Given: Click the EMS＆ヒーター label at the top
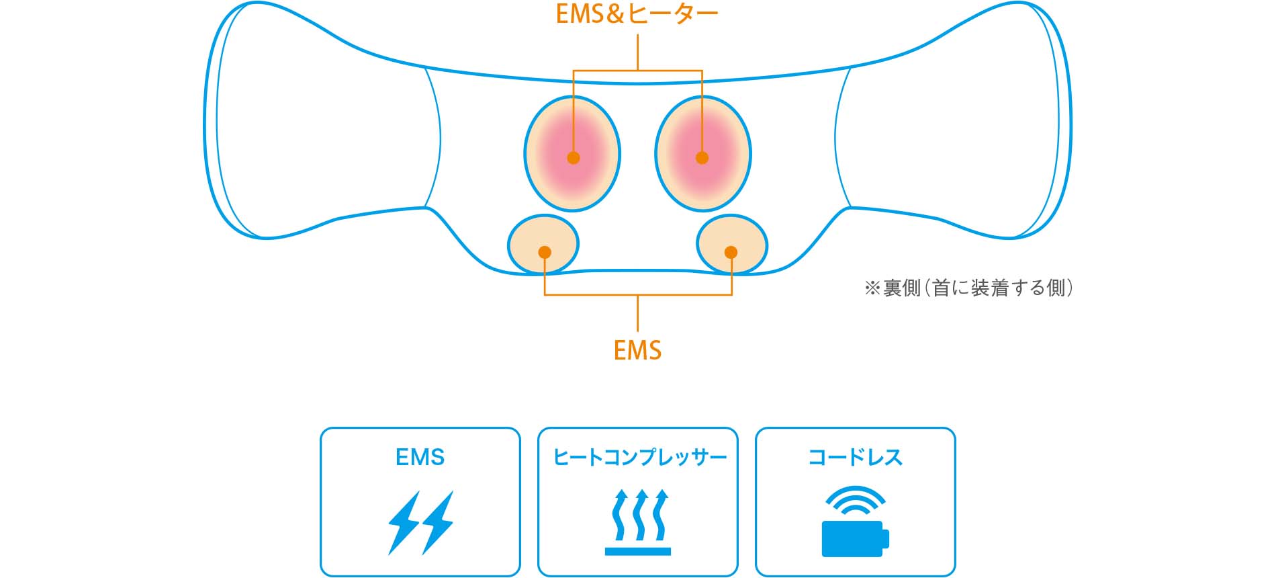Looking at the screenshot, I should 637,15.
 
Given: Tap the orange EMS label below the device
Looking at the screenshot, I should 637,350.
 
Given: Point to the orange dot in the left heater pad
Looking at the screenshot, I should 573,158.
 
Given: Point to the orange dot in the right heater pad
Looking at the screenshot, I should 702,158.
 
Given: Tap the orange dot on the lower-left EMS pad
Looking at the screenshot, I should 545,252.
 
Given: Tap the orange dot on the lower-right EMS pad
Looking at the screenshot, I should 731,252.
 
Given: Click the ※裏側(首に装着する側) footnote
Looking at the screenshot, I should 968,288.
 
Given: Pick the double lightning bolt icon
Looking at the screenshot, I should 420,523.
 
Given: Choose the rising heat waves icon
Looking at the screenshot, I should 638,523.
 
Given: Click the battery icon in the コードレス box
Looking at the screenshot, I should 855,538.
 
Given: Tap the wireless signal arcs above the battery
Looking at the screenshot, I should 855,501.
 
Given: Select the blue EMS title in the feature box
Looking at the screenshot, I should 420,458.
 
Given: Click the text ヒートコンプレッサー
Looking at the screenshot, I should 639,458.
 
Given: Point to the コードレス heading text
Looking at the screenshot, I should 855,458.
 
